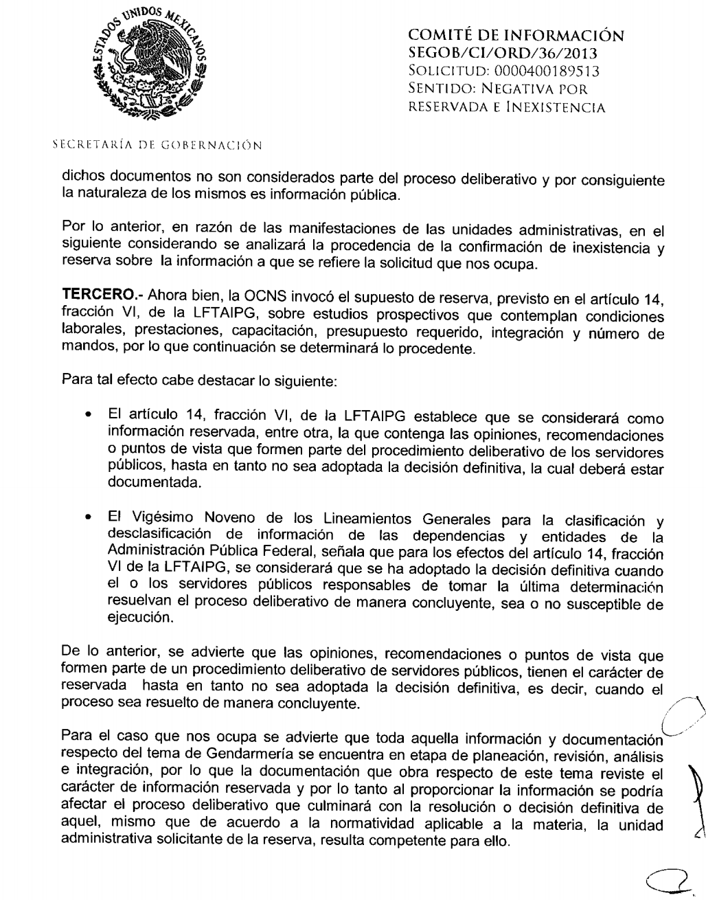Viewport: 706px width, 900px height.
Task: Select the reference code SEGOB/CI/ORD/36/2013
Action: pyautogui.click(x=492, y=54)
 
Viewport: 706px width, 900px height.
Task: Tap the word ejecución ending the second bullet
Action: pyautogui.click(x=137, y=618)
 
